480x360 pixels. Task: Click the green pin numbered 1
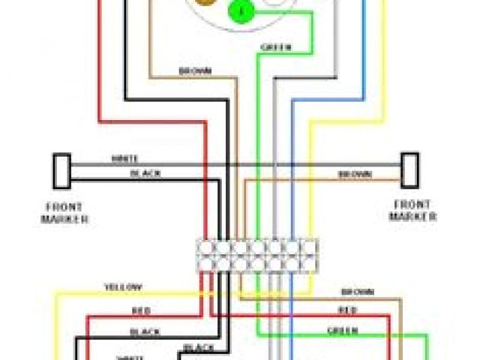[240, 11]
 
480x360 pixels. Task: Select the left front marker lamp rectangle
[61, 171]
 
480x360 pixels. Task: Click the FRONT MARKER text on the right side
[412, 210]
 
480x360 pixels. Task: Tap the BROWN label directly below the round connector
[195, 71]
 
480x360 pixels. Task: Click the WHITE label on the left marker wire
[124, 159]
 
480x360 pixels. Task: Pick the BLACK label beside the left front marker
[145, 173]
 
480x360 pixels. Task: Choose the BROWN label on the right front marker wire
[354, 174]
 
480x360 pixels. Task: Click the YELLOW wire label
[123, 287]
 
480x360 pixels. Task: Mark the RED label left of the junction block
[140, 310]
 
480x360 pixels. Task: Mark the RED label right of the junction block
[347, 309]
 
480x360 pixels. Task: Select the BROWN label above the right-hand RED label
[357, 292]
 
